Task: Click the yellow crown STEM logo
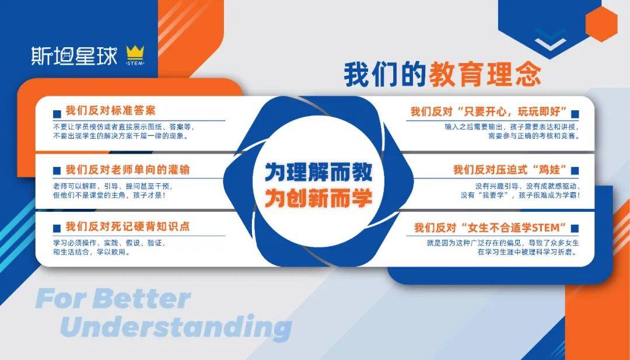pos(135,55)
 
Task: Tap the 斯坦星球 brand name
pos(74,56)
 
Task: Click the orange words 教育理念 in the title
pos(485,74)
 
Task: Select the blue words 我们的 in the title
pos(384,74)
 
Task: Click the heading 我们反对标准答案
pos(110,110)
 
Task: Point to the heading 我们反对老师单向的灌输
pos(128,170)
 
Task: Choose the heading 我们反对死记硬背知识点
pos(128,226)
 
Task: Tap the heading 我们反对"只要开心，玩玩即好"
pos(489,111)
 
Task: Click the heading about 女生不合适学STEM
pos(491,228)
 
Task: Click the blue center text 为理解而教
pos(318,172)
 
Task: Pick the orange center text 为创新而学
pos(318,198)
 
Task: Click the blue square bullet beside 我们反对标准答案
pos(57,114)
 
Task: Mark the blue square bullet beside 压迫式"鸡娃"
pos(575,170)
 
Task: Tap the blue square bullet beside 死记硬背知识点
pos(57,228)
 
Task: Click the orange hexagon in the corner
pos(601,24)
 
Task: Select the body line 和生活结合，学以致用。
pos(92,252)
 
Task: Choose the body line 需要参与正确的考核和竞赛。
pos(534,136)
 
